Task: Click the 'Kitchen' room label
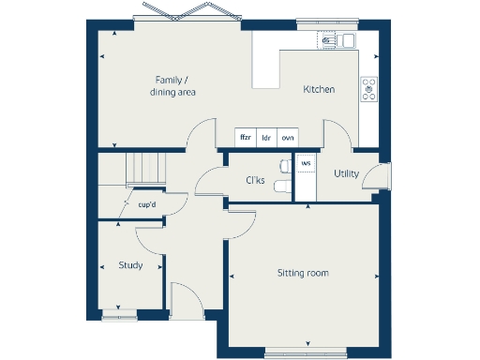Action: [319, 90]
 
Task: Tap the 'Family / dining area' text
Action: [173, 86]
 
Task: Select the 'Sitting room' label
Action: [303, 273]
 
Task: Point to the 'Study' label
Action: [130, 265]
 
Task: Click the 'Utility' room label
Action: [347, 174]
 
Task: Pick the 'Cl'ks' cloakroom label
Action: [255, 180]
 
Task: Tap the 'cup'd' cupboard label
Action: [146, 204]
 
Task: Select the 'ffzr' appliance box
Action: [246, 138]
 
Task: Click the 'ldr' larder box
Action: [266, 138]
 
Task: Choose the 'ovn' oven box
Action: [288, 138]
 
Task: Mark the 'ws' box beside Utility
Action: [306, 163]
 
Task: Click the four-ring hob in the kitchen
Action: [368, 89]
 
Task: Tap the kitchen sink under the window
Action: [335, 40]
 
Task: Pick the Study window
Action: [119, 316]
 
